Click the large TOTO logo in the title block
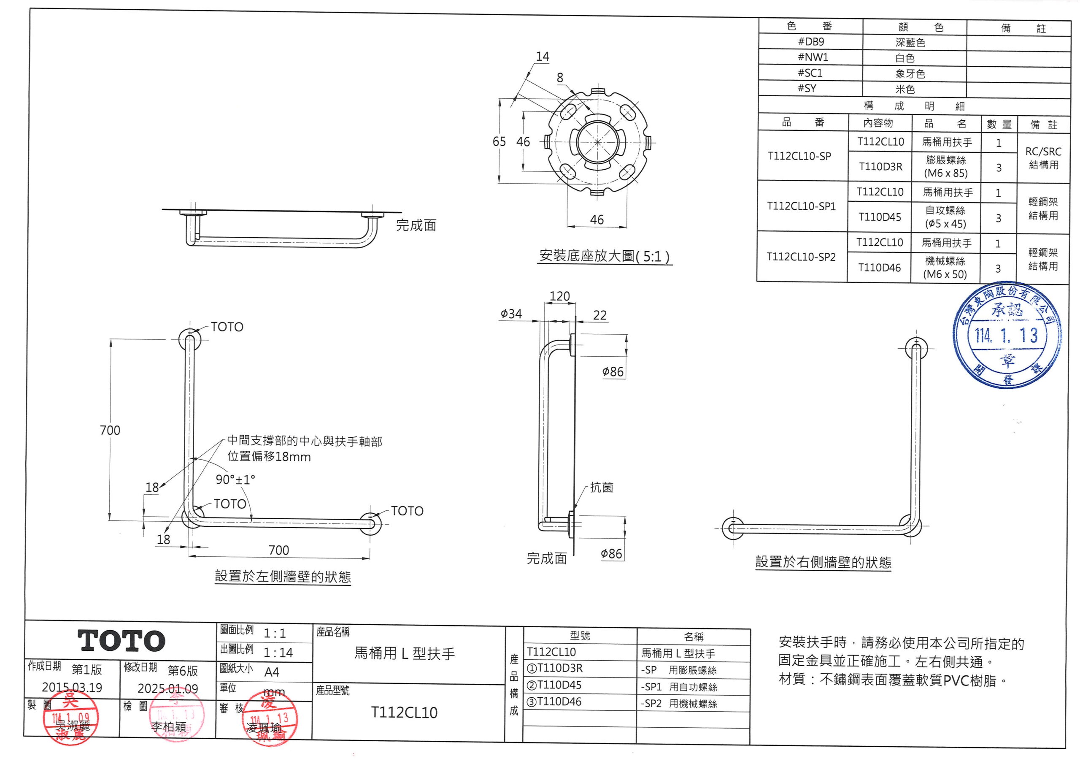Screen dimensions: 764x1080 pyautogui.click(x=121, y=641)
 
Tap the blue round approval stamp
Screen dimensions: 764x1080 pyautogui.click(x=1007, y=335)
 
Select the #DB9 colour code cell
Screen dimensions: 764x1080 pyautogui.click(x=810, y=41)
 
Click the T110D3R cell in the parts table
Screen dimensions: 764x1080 pyautogui.click(x=880, y=166)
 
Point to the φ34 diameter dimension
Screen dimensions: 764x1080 pyautogui.click(x=511, y=314)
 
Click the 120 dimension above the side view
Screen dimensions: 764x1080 pyautogui.click(x=559, y=296)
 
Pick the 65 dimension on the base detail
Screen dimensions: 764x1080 pyautogui.click(x=499, y=142)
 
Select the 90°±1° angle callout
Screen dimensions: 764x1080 pyautogui.click(x=235, y=480)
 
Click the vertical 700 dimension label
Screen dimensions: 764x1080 pyautogui.click(x=110, y=430)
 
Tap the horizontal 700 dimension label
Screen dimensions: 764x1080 pyautogui.click(x=278, y=550)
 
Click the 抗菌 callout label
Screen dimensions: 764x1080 pyautogui.click(x=602, y=488)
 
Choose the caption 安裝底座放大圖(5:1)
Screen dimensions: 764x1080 pyautogui.click(x=605, y=257)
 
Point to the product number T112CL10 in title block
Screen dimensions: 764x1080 pyautogui.click(x=404, y=712)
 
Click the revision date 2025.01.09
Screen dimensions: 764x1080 pyautogui.click(x=167, y=689)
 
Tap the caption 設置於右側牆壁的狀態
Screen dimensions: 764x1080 pyautogui.click(x=823, y=562)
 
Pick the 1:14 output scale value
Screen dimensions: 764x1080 pyautogui.click(x=278, y=653)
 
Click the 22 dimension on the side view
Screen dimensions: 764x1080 pyautogui.click(x=600, y=315)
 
